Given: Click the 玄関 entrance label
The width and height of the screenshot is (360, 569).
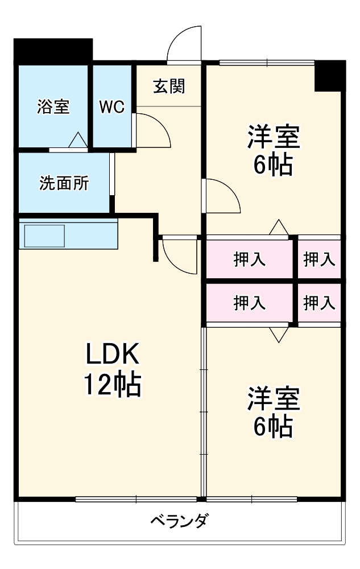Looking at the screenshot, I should coord(169,86).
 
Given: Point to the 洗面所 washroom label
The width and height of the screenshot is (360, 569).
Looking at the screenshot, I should coord(64,184).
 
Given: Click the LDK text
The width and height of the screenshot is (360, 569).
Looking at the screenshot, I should coord(112,356).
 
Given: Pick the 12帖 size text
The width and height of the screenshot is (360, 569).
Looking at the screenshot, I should coord(112,386).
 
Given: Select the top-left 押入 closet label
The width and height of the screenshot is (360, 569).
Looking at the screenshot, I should coord(249,259).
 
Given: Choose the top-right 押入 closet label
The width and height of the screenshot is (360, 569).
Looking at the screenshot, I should coord(318,259).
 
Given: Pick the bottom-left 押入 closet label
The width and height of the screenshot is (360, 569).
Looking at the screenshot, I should coord(249,303).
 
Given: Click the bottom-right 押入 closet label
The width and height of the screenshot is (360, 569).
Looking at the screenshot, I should coord(318,303).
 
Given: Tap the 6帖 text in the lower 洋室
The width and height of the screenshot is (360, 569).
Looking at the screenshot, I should coord(273,426).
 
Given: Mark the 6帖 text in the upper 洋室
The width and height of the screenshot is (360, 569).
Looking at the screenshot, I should coord(273,166).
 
